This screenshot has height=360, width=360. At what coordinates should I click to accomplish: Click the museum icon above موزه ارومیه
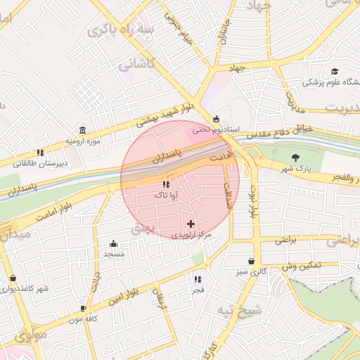coord(83,131)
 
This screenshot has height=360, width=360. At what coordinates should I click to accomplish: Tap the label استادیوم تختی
coord(218,131)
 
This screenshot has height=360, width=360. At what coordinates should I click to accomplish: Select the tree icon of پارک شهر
coord(295,157)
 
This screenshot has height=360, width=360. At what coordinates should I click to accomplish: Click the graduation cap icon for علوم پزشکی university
coord(335,72)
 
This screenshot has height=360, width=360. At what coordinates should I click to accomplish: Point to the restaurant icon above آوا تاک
coord(166,184)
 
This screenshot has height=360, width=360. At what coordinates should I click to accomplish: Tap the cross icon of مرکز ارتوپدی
coord(191,223)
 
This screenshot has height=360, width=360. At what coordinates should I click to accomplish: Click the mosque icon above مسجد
coord(114,243)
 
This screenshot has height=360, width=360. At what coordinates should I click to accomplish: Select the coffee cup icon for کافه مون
coord(84,308)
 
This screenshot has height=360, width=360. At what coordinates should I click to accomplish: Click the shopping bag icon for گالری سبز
coord(251,261)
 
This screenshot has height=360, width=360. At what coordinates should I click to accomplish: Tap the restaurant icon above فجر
coord(197,279)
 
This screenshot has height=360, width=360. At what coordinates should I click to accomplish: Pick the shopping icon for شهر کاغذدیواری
coord(13,278)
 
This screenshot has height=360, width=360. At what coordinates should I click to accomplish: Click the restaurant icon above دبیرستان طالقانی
coord(41,152)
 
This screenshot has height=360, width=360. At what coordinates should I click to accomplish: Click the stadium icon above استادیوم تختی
coord(216,118)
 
